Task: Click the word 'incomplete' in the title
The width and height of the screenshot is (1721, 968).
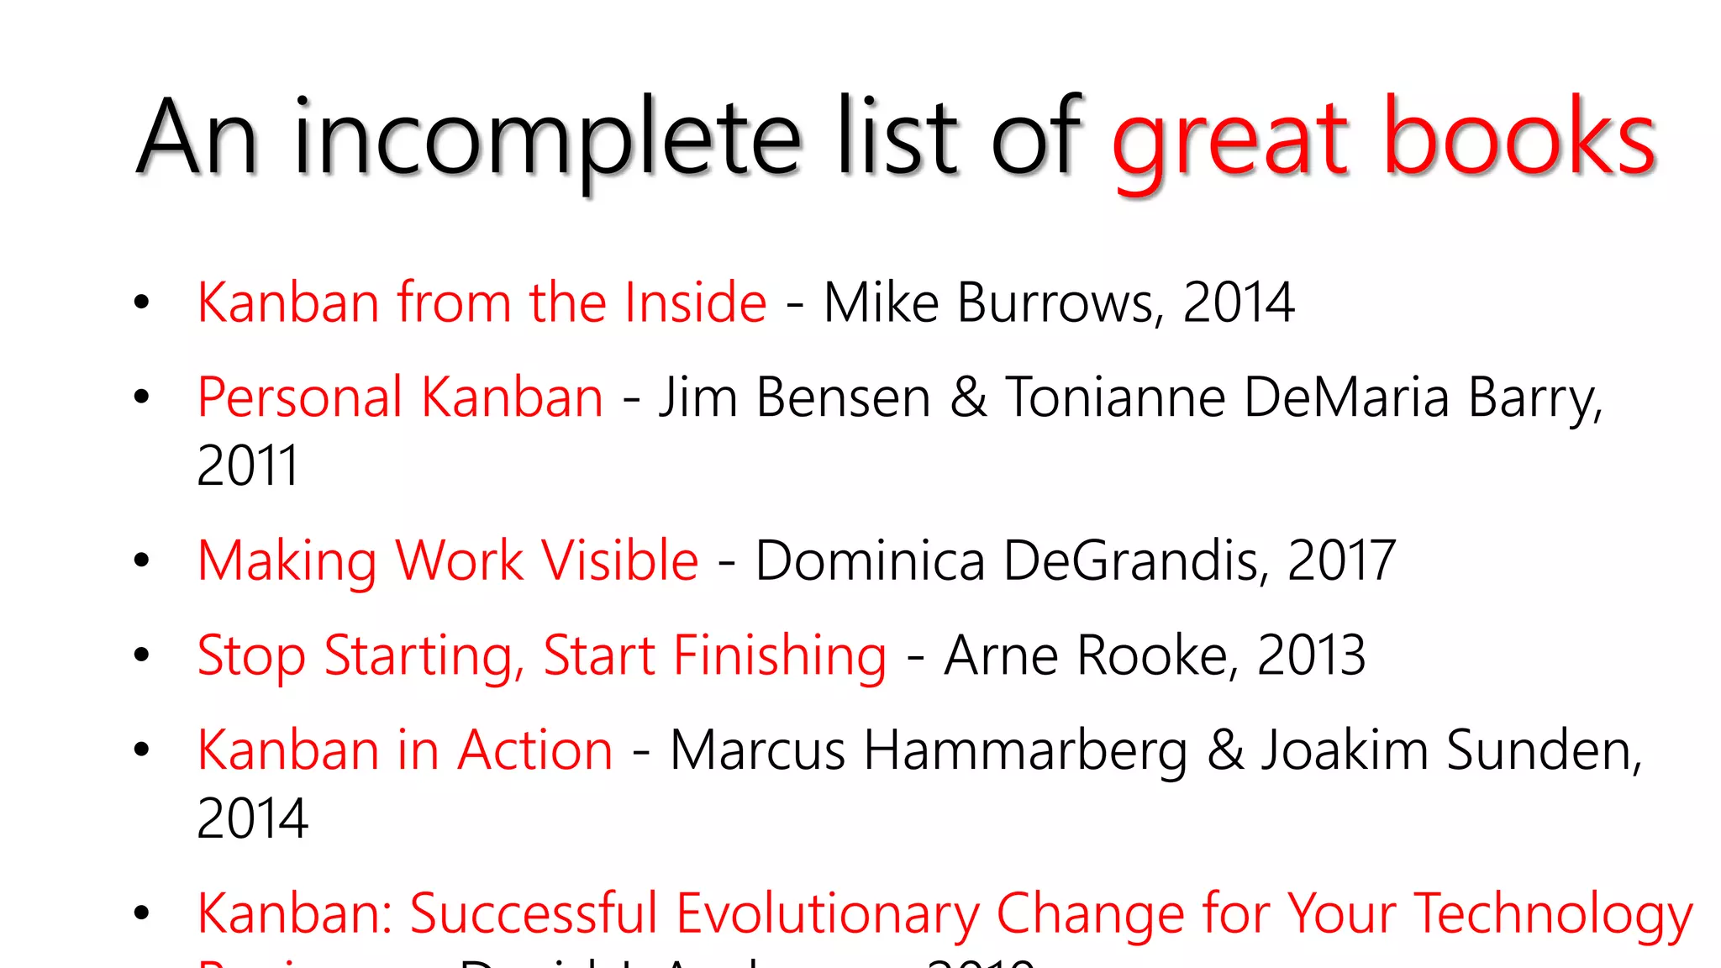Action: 546,139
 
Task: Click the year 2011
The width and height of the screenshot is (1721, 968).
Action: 248,466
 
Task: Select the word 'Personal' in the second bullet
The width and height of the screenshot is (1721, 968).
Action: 300,397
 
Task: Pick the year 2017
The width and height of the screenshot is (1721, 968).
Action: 1341,560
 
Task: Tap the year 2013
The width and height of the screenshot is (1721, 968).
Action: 1311,655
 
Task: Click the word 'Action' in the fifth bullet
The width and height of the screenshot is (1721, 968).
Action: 535,750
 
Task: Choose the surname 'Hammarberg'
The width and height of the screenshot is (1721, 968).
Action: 1025,751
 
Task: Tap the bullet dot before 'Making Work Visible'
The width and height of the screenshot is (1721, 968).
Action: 141,560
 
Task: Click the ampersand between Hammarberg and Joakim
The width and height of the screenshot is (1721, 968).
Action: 1225,750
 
